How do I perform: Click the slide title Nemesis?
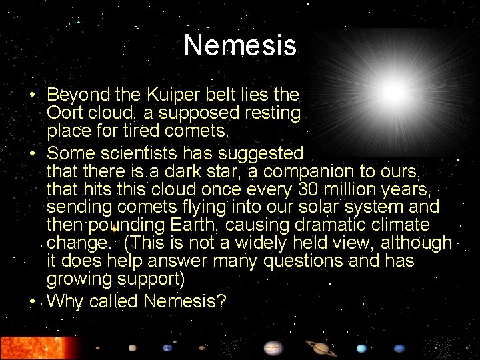[239, 45]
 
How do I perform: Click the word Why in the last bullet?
[65, 301]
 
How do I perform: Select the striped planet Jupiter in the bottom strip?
[273, 348]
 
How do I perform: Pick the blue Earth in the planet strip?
[167, 348]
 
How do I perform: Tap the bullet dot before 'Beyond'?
[32, 95]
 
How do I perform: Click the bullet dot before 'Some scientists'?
[32, 153]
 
